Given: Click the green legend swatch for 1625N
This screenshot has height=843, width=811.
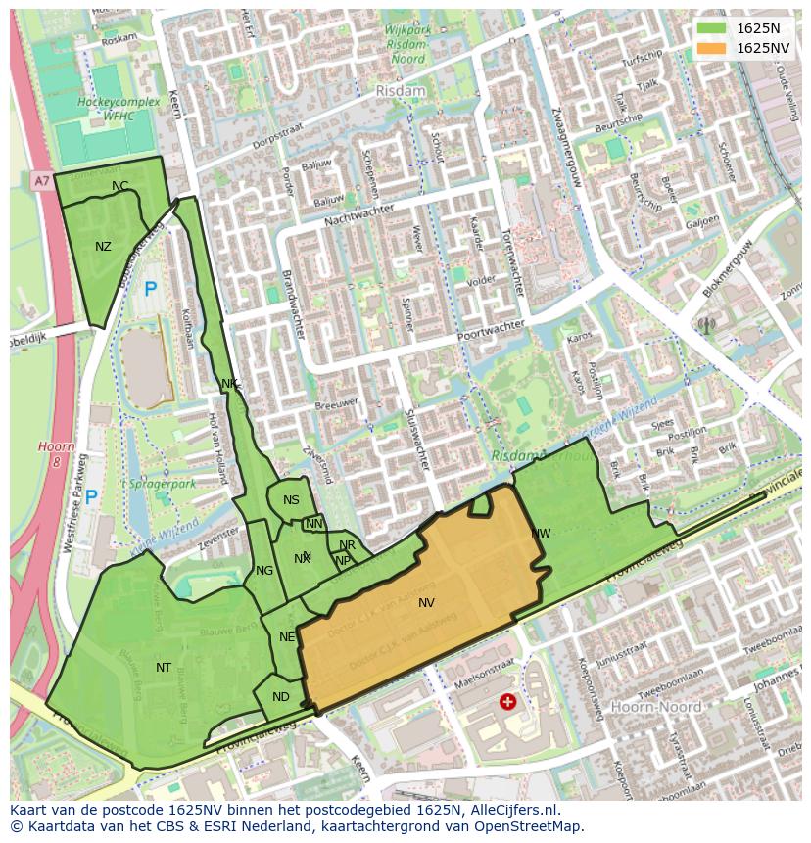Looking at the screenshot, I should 712,28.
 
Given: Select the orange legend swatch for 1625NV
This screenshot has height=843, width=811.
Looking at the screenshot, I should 712,48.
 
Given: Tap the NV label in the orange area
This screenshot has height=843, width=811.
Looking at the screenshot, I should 426,603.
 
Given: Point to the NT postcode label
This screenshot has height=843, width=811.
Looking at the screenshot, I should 164,668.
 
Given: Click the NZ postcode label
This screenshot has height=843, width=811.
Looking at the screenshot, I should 103,247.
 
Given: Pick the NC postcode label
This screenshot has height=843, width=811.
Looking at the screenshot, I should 119,186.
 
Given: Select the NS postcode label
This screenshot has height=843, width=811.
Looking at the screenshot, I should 291,500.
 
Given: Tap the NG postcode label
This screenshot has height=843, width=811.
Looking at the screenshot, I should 264,571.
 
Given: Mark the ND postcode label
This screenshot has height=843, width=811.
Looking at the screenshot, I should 281,697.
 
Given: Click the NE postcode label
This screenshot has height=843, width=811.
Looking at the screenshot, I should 287,637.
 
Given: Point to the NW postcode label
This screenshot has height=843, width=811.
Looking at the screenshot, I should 541,534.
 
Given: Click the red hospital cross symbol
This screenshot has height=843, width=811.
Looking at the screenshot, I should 507,701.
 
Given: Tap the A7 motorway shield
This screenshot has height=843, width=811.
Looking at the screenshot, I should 40,181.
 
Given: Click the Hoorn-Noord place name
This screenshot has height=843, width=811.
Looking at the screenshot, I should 655,706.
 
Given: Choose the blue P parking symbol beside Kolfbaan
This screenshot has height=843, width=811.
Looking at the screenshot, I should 150,289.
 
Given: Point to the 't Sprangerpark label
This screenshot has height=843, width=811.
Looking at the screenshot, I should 159,484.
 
